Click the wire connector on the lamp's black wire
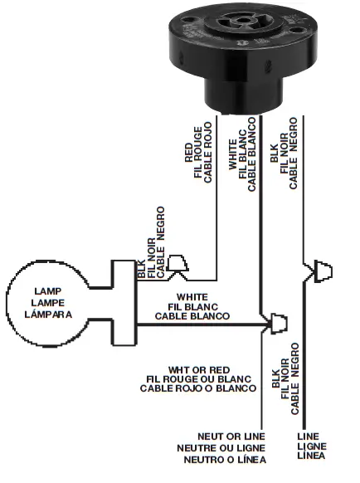(x=176, y=265)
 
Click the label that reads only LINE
(x=309, y=436)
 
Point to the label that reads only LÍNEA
(x=309, y=456)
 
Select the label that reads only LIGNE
(x=309, y=446)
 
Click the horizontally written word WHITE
(x=192, y=297)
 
